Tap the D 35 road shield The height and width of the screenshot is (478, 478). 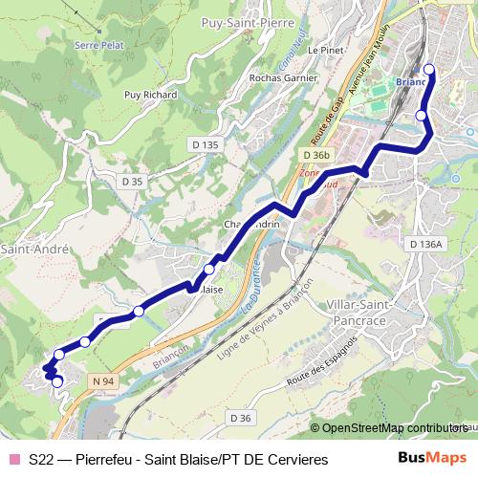tap(132, 180)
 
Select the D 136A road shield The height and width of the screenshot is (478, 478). tap(425, 245)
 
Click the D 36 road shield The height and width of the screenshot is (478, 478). tap(240, 418)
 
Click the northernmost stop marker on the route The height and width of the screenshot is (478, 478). tap(429, 69)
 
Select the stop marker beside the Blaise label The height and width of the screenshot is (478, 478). tap(209, 270)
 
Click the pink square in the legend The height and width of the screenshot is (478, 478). tap(13, 459)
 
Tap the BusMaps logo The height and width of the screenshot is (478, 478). tap(431, 458)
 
